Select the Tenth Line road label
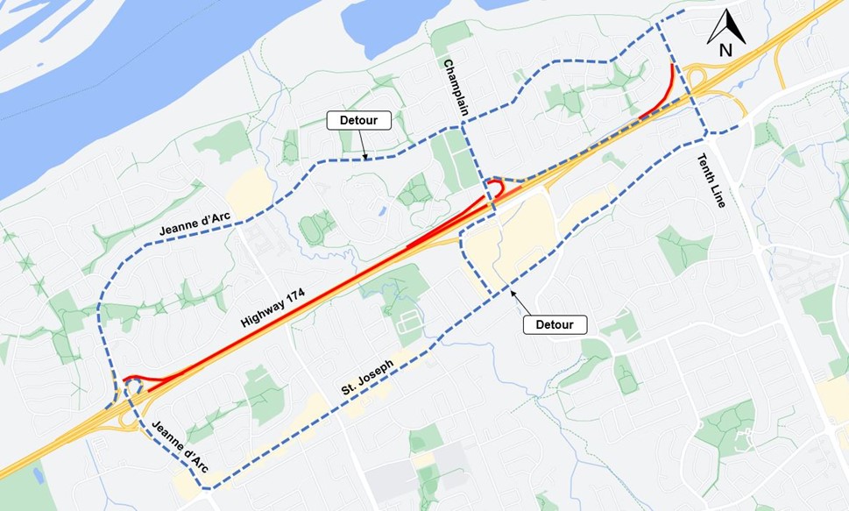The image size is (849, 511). pos(711,181)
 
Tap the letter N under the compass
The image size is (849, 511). pos(725,50)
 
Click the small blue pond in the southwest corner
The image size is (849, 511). pos(38,474)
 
